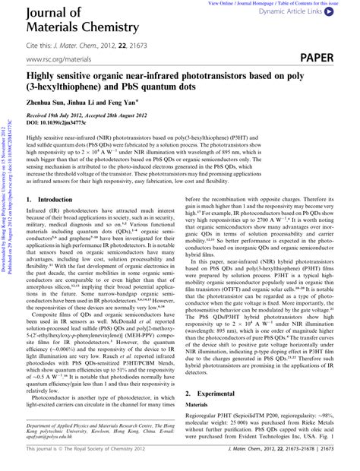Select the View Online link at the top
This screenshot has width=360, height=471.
coord(222,4)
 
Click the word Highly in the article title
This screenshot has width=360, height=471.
coord(45,76)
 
